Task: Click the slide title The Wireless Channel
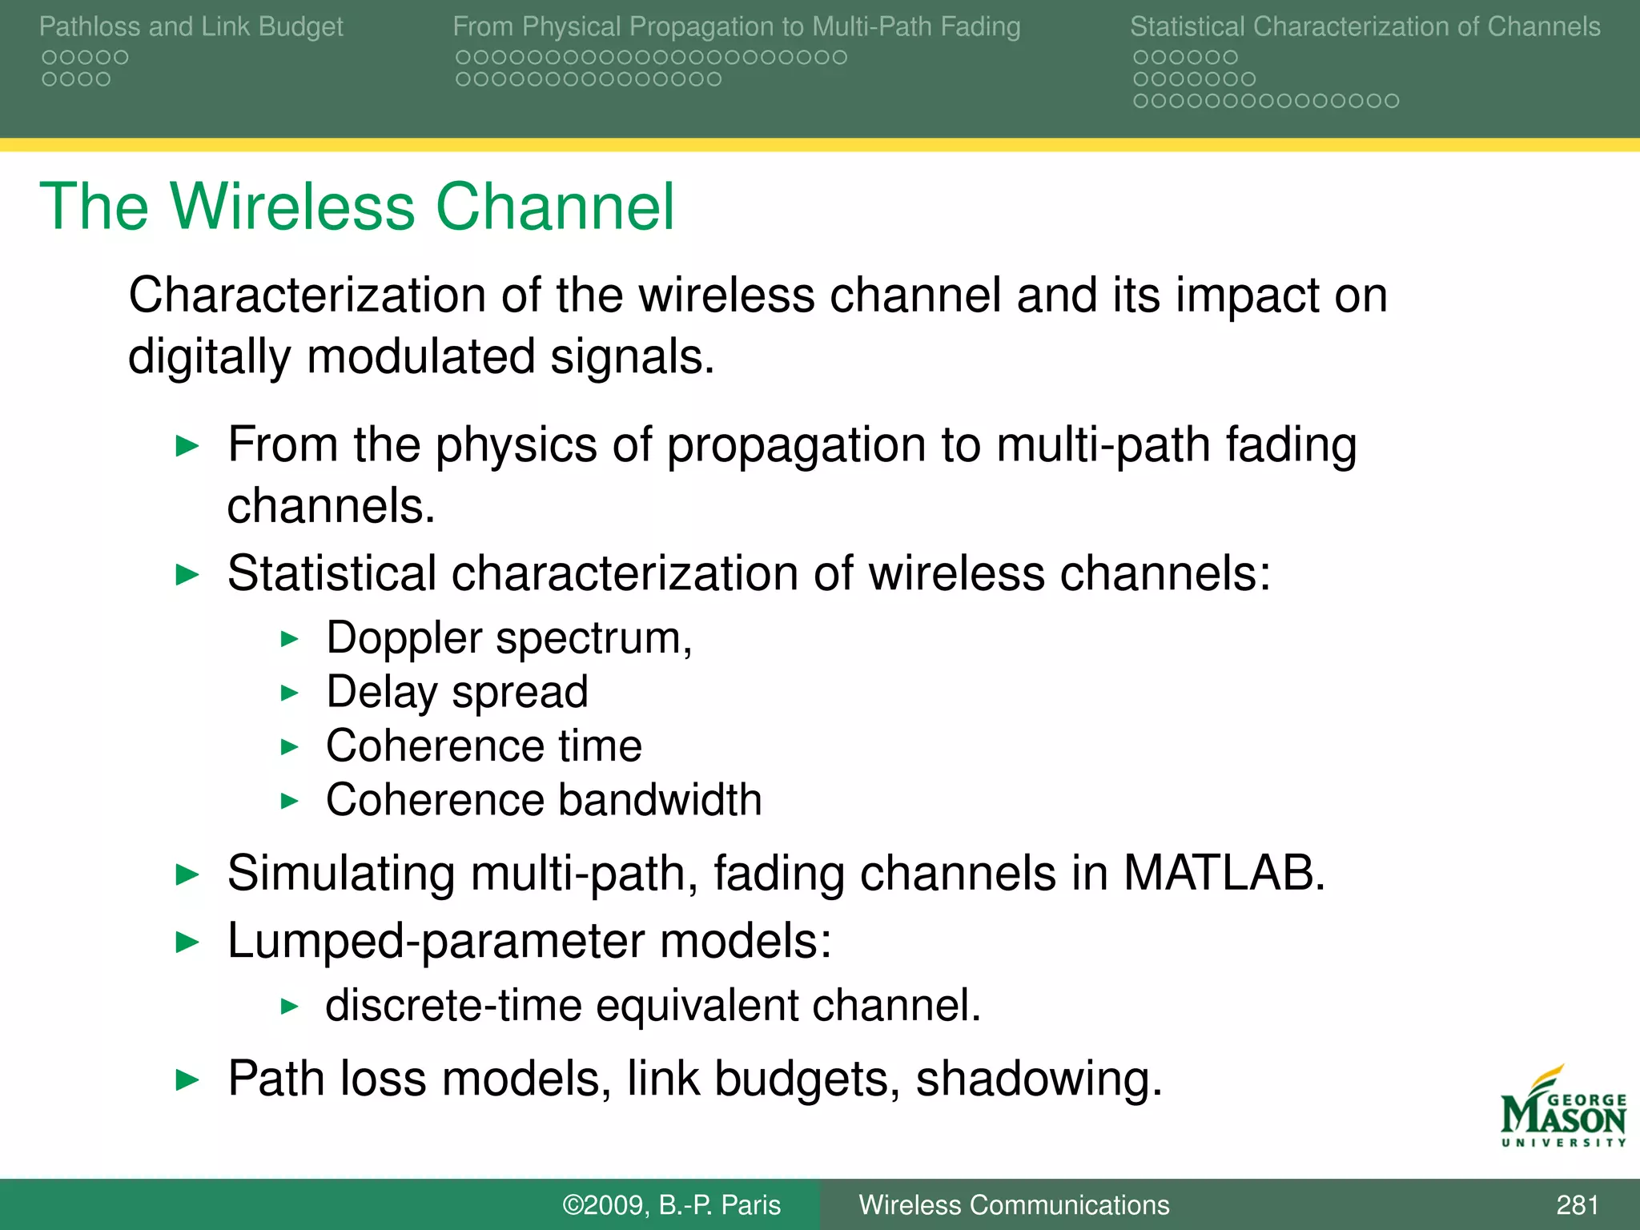tap(357, 207)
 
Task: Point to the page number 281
tap(1577, 1204)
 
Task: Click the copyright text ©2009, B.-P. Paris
tap(671, 1204)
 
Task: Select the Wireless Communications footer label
tap(1014, 1204)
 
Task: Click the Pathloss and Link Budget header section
tap(191, 26)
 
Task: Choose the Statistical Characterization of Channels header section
tap(1365, 26)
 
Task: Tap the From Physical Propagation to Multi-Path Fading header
tap(737, 26)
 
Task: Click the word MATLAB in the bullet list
tap(1224, 872)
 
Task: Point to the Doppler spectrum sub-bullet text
tap(509, 638)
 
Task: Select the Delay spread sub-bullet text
tap(457, 692)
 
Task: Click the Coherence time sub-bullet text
tap(484, 746)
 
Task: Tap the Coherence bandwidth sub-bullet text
tap(544, 799)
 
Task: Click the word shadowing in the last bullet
tap(1039, 1079)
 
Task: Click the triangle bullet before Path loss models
tap(187, 1080)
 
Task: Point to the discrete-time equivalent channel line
tap(653, 1005)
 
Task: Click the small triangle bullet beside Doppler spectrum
tap(290, 639)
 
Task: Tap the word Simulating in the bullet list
tap(341, 872)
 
